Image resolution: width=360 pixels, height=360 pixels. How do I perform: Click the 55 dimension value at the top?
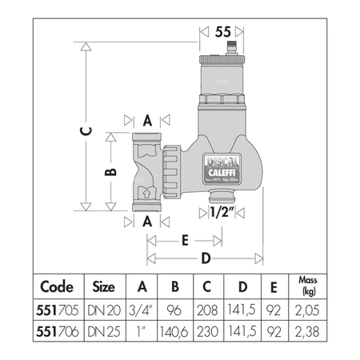tap(223, 32)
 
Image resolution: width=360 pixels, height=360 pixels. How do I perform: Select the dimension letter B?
tap(113, 171)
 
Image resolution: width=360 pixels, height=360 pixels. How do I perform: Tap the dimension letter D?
tap(205, 258)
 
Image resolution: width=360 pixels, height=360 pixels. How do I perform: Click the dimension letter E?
tap(184, 239)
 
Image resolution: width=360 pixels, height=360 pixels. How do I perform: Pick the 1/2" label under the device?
tap(220, 212)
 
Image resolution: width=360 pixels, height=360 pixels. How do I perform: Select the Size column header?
tap(104, 286)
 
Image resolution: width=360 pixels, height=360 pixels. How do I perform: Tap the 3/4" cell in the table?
tap(142, 306)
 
